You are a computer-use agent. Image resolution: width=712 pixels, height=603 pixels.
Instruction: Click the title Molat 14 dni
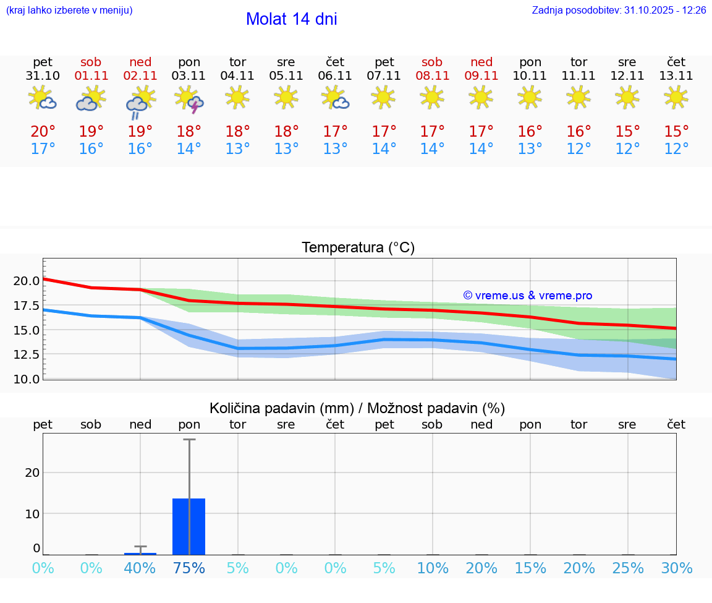pos(291,19)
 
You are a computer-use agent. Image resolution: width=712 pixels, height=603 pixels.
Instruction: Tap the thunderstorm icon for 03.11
pos(189,100)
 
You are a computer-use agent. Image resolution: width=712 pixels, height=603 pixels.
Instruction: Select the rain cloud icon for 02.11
pos(140,101)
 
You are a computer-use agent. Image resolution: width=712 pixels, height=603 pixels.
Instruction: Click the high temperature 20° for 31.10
pos(43,132)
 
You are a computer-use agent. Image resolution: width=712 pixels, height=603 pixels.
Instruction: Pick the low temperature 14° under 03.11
pos(189,149)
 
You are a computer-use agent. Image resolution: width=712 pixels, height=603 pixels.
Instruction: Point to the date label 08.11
pos(432,76)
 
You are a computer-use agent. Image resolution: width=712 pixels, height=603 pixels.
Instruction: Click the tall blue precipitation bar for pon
pos(189,526)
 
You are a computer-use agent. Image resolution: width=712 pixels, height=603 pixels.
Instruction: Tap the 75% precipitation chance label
pos(189,568)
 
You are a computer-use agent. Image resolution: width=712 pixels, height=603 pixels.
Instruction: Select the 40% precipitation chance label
pos(140,568)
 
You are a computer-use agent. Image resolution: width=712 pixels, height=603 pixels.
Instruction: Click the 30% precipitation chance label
pos(676,568)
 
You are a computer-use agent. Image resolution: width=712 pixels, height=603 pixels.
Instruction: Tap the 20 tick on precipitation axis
pos(32,473)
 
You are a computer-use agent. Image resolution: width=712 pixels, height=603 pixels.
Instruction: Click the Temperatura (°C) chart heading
pos(358,248)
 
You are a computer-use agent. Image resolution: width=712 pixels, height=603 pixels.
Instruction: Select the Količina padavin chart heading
pos(357,408)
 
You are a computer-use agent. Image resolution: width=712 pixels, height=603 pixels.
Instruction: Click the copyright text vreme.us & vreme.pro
pos(527,296)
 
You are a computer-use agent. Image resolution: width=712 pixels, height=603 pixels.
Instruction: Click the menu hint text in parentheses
pos(69,11)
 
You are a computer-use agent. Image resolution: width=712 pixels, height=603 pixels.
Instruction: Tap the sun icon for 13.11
pos(676,96)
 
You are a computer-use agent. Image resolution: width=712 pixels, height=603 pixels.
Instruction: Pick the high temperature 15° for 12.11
pos(627,132)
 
